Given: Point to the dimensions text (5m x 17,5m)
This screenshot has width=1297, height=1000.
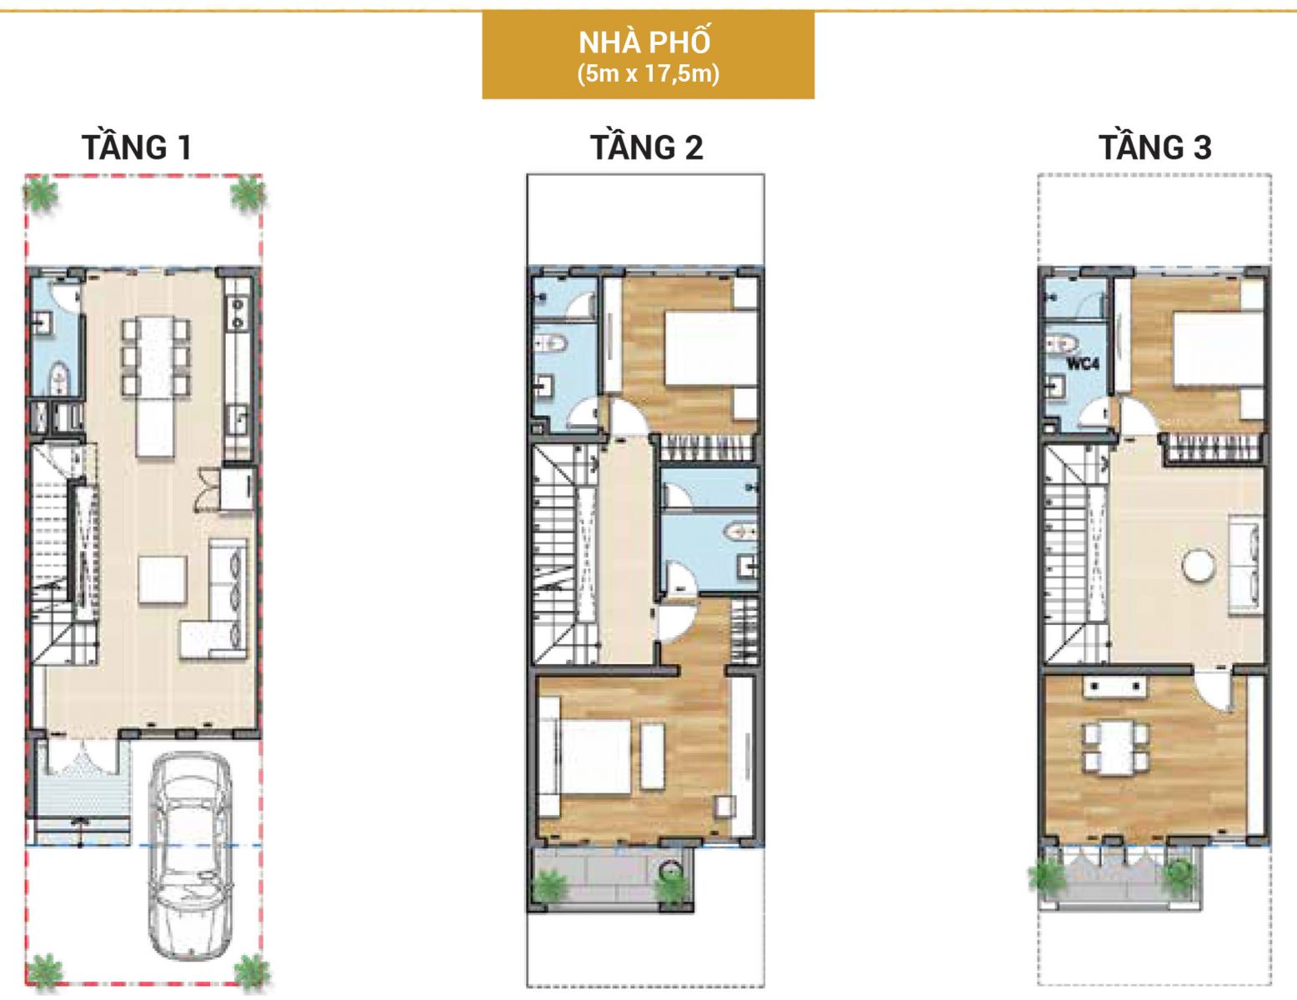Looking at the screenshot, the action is coord(648,74).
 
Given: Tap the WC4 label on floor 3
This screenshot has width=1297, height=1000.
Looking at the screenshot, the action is coord(1082,363).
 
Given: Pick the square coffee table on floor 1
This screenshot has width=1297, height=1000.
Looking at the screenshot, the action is coord(163,579).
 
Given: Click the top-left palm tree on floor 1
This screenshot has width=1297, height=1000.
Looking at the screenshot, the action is coord(41,193).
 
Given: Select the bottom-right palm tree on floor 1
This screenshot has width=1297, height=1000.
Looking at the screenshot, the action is coord(251,969).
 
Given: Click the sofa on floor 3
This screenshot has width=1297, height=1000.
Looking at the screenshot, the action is coord(1245,567).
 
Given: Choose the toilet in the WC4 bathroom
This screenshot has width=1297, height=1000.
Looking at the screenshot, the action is coord(1062,343).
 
